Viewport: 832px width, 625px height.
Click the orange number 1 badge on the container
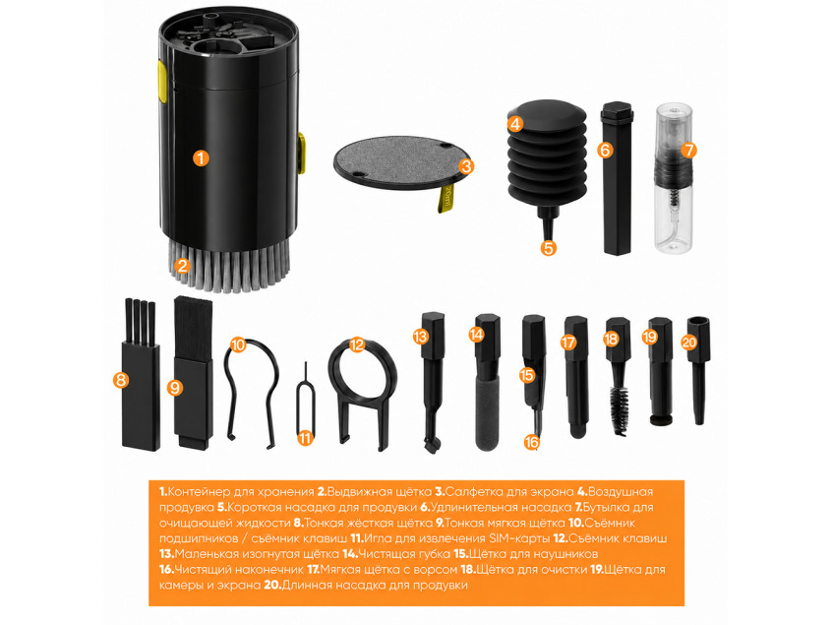pyautogui.click(x=201, y=157)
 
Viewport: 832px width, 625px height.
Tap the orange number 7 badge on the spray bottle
pyautogui.click(x=687, y=151)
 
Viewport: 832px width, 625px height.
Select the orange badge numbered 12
pyautogui.click(x=358, y=344)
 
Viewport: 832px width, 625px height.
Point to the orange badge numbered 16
pyautogui.click(x=532, y=442)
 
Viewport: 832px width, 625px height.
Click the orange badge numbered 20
pyautogui.click(x=688, y=343)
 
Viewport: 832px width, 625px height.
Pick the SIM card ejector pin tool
pyautogui.click(x=305, y=404)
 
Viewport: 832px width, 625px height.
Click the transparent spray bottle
pyautogui.click(x=674, y=178)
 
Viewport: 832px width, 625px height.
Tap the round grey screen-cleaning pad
pyautogui.click(x=396, y=162)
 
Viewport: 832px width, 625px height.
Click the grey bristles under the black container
pyautogui.click(x=229, y=265)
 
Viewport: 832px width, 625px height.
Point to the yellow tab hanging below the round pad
pyautogui.click(x=446, y=199)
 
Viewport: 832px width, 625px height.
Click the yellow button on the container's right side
pyautogui.click(x=301, y=154)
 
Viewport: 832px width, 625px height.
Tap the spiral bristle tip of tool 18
pyautogui.click(x=620, y=408)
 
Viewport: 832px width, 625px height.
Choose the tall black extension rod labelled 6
pyautogui.click(x=617, y=178)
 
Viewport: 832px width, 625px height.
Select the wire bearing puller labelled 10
pyautogui.click(x=251, y=393)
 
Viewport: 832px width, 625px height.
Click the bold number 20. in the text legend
pyautogui.click(x=272, y=586)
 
